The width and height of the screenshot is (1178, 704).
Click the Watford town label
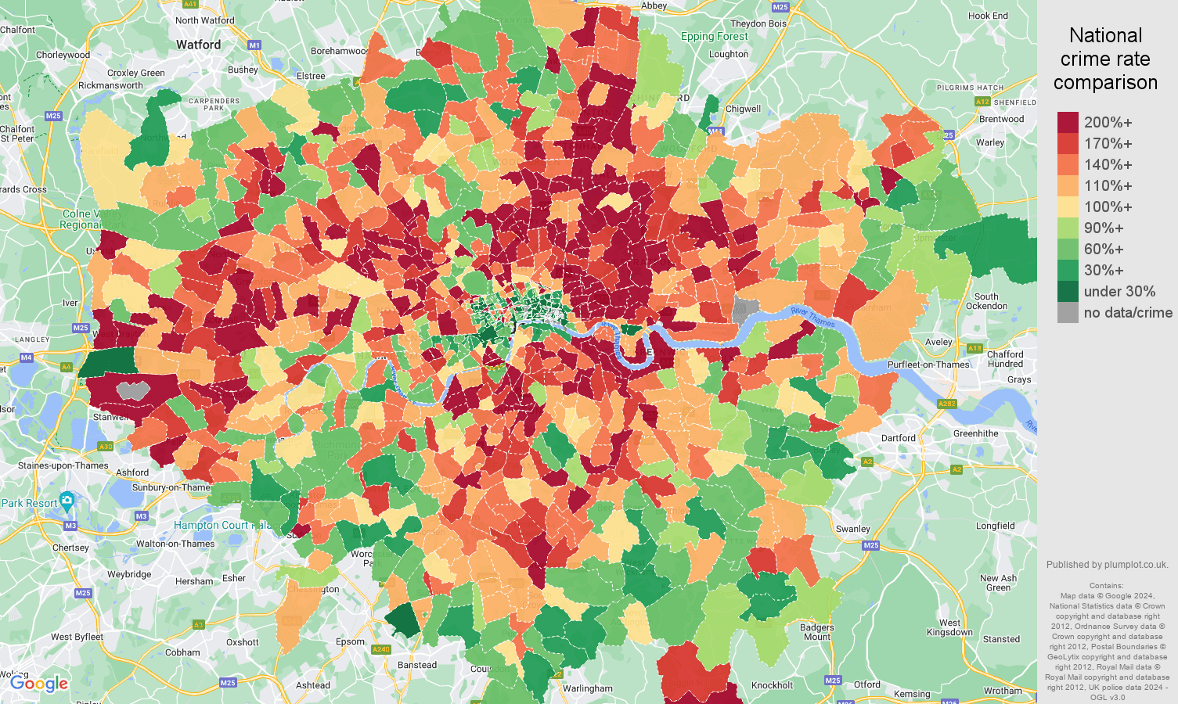(x=198, y=45)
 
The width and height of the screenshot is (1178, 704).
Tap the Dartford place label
(x=898, y=438)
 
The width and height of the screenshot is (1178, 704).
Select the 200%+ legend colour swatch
(x=1068, y=123)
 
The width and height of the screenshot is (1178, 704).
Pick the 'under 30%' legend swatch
(x=1068, y=292)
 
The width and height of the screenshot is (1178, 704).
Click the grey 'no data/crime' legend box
(x=1068, y=313)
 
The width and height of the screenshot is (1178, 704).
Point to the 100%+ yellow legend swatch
(x=1068, y=207)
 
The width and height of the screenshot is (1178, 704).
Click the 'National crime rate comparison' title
(x=1105, y=59)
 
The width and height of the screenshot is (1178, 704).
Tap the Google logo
(x=39, y=684)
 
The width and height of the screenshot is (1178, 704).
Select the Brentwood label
(x=1001, y=119)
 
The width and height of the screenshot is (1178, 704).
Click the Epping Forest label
(x=714, y=36)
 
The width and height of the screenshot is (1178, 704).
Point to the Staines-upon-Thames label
(x=63, y=465)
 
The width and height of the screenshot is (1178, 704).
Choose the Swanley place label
(x=852, y=529)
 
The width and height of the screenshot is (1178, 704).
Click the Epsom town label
(x=350, y=641)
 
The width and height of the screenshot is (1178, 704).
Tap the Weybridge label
(x=129, y=574)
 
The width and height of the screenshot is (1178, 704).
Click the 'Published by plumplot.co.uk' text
(x=1107, y=565)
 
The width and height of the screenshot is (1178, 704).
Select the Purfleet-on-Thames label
(x=928, y=365)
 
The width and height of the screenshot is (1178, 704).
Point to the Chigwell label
(x=743, y=109)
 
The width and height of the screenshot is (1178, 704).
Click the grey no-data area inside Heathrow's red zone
(x=133, y=390)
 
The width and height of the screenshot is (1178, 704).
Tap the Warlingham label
(x=587, y=688)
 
